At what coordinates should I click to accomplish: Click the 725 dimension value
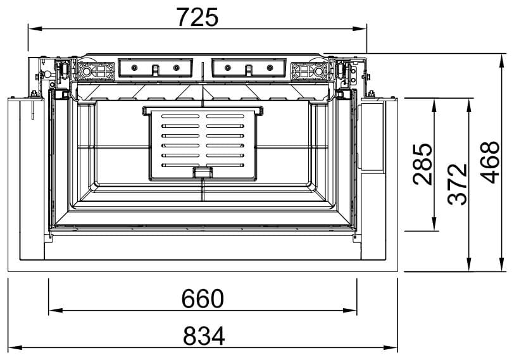[x=197, y=17]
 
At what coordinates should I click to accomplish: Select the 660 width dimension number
[x=203, y=299]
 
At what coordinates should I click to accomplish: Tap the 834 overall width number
[x=204, y=336]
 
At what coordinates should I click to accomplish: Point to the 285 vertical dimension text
[x=423, y=164]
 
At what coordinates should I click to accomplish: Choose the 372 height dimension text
[x=458, y=184]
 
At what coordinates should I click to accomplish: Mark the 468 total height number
[x=491, y=162]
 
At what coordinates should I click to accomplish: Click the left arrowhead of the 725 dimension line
[x=35, y=28]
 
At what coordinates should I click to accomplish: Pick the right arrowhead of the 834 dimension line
[x=391, y=348]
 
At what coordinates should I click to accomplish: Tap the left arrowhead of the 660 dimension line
[x=55, y=311]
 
